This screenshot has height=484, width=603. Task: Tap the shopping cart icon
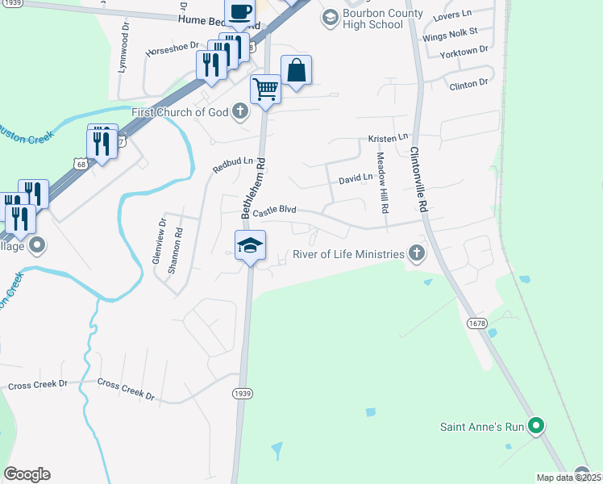click(265, 88)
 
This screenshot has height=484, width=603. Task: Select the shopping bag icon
click(296, 70)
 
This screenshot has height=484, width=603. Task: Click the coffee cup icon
click(239, 12)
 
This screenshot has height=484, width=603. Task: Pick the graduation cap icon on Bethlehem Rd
click(250, 245)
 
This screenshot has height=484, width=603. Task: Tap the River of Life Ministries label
click(360, 255)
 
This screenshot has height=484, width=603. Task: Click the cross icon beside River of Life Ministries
click(416, 254)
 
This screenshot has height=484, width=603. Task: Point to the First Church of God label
click(181, 112)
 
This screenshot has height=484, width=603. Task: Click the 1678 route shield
click(476, 323)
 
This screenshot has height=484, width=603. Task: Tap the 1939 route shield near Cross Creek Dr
click(242, 393)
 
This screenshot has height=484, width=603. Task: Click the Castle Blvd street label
click(275, 211)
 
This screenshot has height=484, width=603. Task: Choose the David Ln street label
click(356, 177)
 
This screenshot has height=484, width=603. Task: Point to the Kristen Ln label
click(389, 139)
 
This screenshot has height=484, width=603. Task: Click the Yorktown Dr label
click(464, 51)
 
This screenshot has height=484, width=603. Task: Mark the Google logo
click(27, 474)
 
